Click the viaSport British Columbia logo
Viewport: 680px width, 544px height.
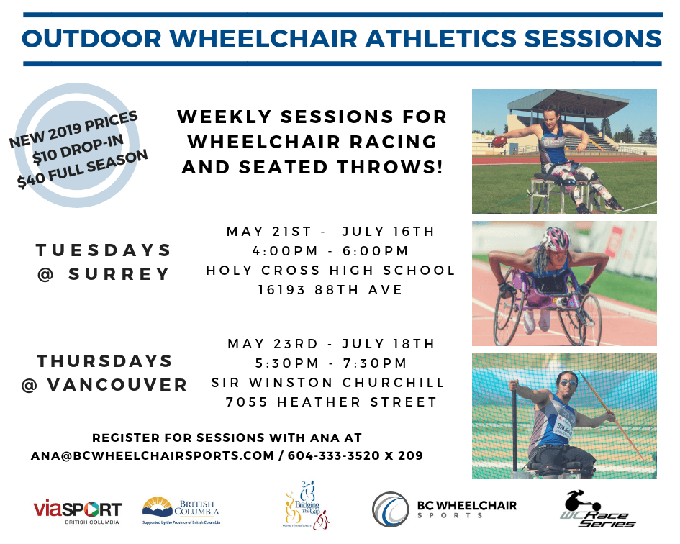[77, 512]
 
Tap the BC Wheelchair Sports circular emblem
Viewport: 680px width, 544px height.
[390, 509]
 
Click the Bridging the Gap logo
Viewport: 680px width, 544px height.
[307, 504]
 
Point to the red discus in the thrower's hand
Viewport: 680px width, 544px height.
[499, 140]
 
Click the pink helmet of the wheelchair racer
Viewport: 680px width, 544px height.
[556, 238]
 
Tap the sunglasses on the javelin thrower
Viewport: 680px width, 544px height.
[568, 383]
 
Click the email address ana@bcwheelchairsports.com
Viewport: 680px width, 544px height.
[153, 456]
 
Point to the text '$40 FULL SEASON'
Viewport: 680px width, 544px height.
[83, 169]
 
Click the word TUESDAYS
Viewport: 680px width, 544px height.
[104, 250]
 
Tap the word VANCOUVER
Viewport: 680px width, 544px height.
[117, 385]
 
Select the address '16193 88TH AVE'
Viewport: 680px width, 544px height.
[330, 289]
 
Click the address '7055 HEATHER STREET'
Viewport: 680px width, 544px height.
[331, 402]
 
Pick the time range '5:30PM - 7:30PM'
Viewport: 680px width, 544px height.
[331, 363]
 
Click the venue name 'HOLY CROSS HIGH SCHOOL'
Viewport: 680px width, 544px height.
[330, 271]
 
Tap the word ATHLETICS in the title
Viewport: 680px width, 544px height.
[441, 39]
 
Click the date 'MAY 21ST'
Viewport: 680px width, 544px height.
[269, 232]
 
